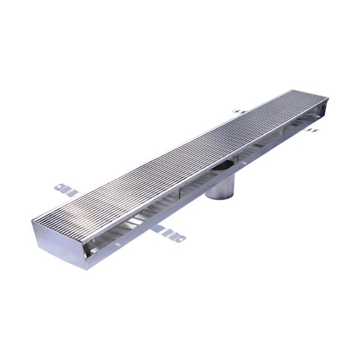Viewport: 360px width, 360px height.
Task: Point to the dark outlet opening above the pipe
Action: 224,165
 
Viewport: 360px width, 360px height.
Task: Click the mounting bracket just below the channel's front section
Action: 170,234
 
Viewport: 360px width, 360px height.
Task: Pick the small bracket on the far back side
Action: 239,111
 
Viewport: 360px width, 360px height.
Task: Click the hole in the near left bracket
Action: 60,188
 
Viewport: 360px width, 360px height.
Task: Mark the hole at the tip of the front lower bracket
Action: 179,238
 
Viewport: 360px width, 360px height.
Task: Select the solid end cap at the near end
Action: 60,240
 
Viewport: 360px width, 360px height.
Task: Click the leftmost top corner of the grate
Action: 34,220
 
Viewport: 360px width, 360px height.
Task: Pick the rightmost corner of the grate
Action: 329,98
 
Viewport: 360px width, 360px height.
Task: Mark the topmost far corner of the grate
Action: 294,90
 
